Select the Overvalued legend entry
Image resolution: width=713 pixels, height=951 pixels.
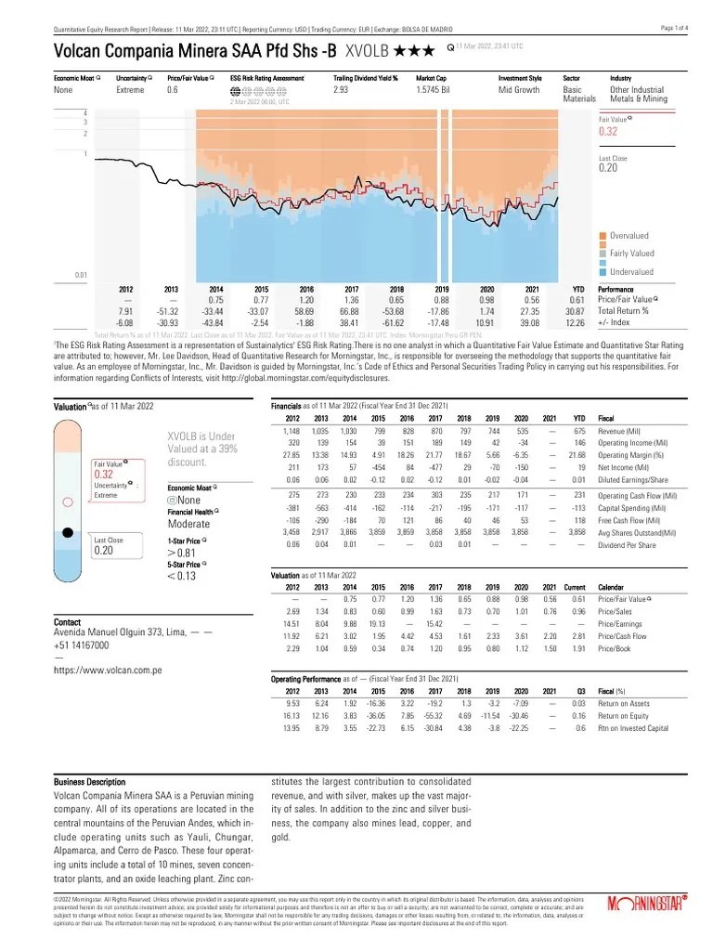[x=631, y=236]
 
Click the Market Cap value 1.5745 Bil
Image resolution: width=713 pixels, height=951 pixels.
[x=441, y=91]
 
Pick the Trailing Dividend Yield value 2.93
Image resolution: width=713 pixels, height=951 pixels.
[x=341, y=91]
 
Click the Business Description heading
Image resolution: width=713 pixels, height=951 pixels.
[x=90, y=783]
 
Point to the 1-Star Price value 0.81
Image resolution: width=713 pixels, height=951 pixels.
[x=183, y=550]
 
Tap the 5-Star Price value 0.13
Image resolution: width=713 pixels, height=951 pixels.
[x=183, y=576]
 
